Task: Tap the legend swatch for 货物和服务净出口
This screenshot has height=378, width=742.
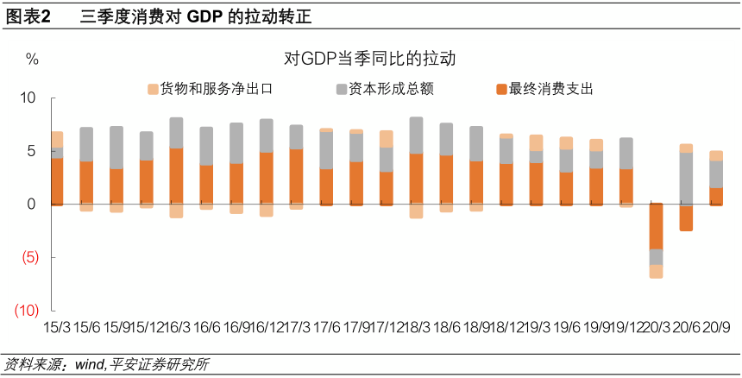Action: point(154,89)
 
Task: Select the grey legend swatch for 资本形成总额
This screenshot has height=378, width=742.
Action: point(342,89)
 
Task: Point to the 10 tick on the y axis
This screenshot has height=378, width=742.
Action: point(28,98)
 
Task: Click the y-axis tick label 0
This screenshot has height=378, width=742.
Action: point(32,205)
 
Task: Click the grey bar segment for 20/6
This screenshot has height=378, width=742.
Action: point(686,179)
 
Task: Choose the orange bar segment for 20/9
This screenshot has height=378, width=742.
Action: point(716,196)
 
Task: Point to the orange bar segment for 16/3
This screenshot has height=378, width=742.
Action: point(176,176)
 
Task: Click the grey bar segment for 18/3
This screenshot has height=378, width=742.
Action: point(416,135)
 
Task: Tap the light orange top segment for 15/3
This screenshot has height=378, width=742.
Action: point(57,139)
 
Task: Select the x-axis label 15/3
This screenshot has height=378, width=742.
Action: point(57,329)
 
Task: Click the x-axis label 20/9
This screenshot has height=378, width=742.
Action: point(716,329)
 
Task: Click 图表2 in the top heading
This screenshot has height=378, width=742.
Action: point(28,16)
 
